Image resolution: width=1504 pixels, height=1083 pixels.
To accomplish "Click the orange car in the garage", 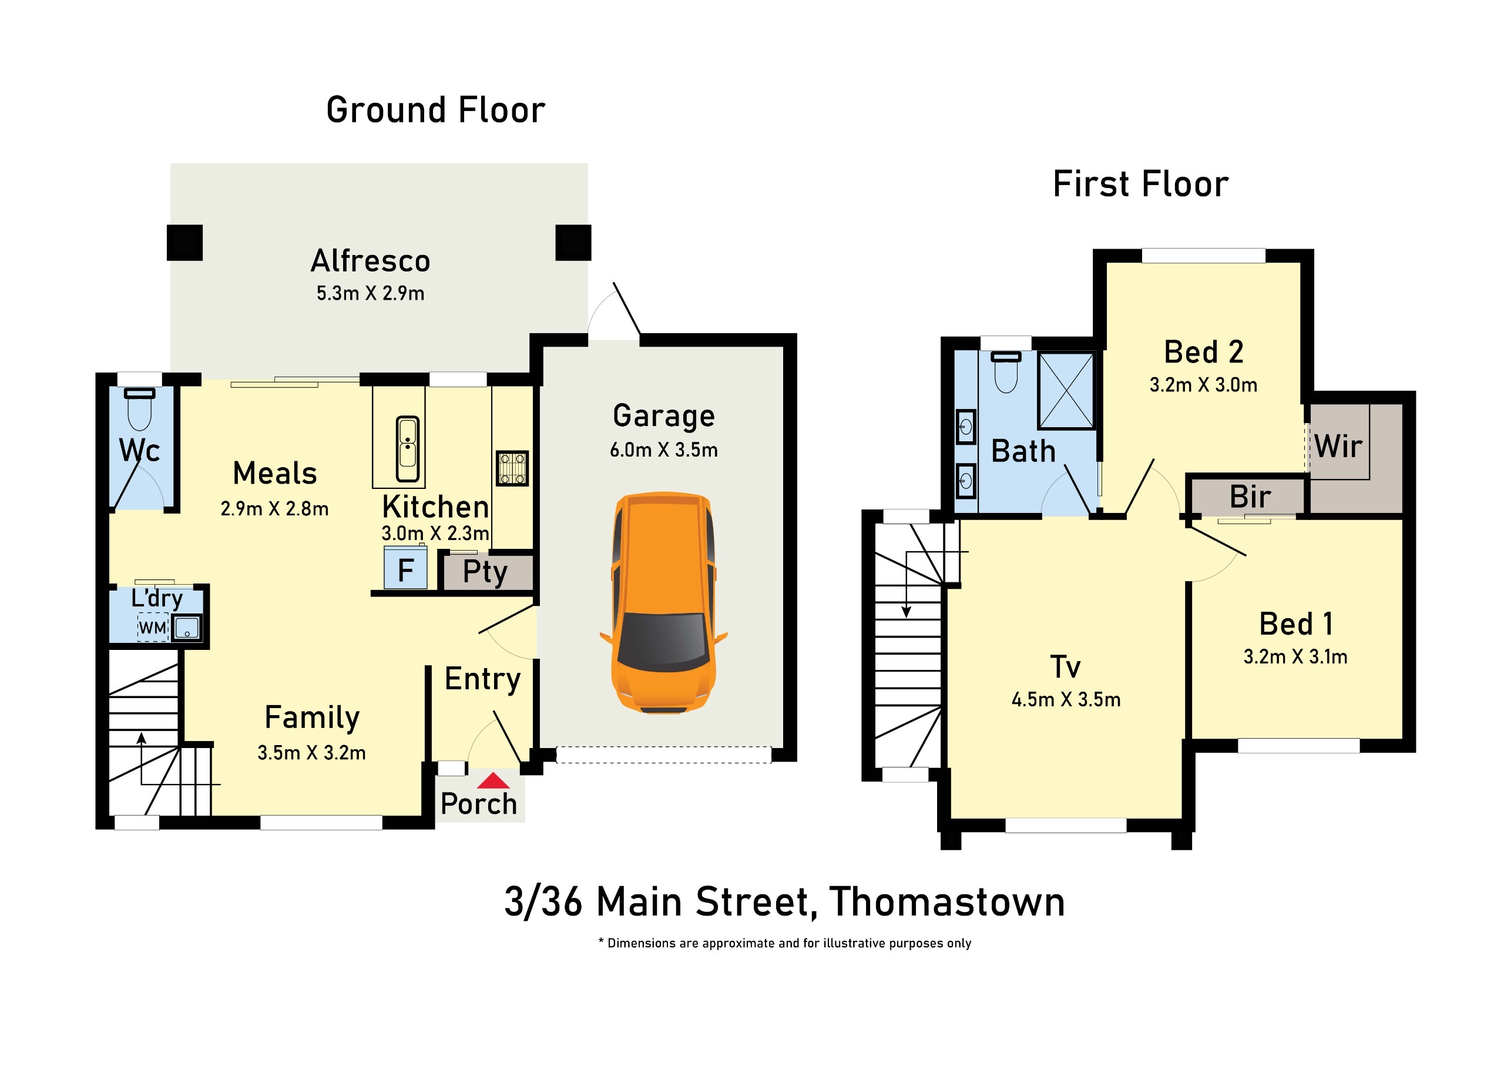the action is [663, 602].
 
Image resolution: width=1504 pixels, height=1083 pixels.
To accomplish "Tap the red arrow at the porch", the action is [493, 780].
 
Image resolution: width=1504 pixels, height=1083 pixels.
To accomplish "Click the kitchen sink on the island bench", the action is [407, 448].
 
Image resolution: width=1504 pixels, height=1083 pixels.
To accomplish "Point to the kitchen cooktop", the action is [512, 468].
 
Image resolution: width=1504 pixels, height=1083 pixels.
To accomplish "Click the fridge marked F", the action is [405, 568].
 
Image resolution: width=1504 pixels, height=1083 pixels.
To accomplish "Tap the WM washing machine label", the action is [153, 628].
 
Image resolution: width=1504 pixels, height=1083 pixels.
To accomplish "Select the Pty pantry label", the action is [485, 572].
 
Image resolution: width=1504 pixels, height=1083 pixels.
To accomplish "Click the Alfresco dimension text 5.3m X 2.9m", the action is [370, 293].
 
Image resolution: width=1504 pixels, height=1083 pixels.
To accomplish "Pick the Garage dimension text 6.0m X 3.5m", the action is [664, 450].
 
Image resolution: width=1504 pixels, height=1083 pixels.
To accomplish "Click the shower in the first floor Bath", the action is [1066, 391].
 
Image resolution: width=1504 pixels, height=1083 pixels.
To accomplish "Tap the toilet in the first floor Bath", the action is [1006, 372].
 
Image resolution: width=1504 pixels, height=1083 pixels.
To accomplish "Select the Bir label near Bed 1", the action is [1250, 496].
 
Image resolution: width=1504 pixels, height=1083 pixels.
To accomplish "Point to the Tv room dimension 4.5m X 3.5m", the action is [1066, 700].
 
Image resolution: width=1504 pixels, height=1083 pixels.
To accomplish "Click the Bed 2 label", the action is [1204, 351].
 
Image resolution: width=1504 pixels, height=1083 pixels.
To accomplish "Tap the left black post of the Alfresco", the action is [184, 243].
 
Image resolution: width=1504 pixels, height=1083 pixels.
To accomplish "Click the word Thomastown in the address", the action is [947, 902].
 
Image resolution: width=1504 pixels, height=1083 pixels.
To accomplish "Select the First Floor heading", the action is [1140, 184].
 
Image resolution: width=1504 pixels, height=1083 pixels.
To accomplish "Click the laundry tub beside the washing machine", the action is [187, 628].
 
